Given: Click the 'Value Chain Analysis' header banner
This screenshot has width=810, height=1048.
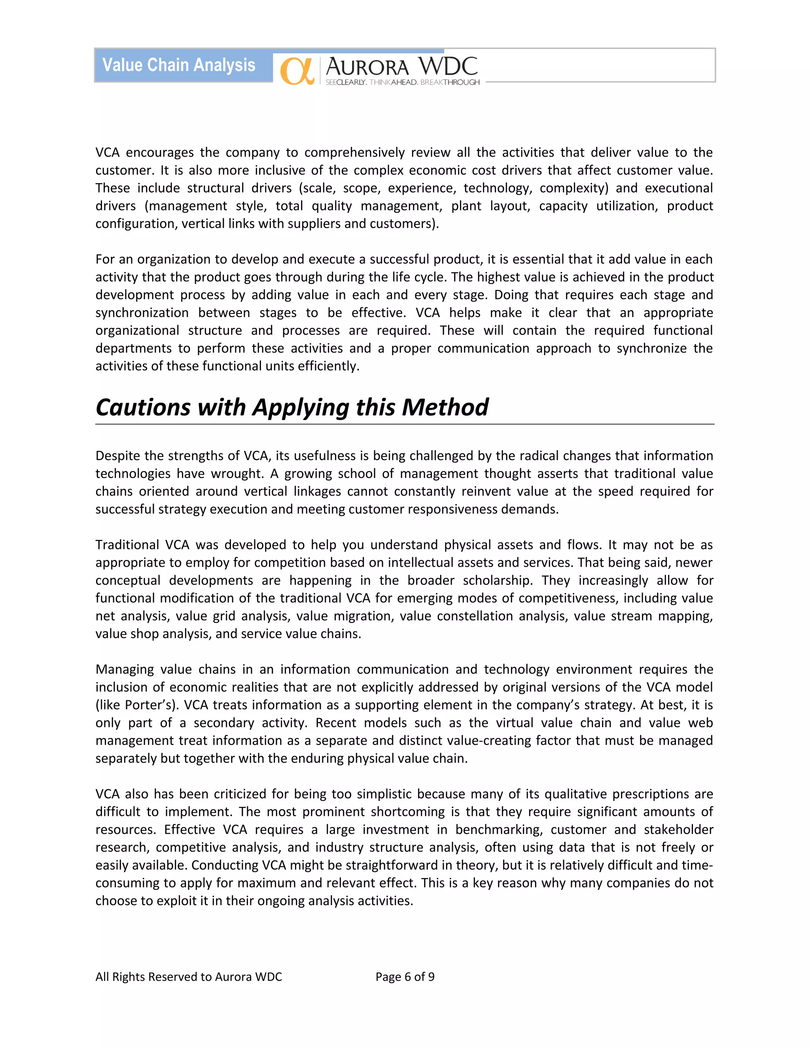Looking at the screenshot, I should [x=179, y=65].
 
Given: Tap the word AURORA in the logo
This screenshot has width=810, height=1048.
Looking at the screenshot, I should [x=367, y=67].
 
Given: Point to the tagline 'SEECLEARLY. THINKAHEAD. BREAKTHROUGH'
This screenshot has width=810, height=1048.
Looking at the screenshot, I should [x=402, y=83].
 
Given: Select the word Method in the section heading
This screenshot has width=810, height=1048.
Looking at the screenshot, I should [x=445, y=407].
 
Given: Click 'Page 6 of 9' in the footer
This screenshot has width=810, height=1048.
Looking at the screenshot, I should [x=405, y=976].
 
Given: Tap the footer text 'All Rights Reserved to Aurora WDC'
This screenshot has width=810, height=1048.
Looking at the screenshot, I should [x=189, y=976].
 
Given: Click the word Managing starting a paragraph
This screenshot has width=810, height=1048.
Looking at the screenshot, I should [x=124, y=670].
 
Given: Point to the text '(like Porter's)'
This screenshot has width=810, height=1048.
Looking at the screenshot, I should [x=137, y=705].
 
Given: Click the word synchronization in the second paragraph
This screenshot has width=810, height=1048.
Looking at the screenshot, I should [x=142, y=313].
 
